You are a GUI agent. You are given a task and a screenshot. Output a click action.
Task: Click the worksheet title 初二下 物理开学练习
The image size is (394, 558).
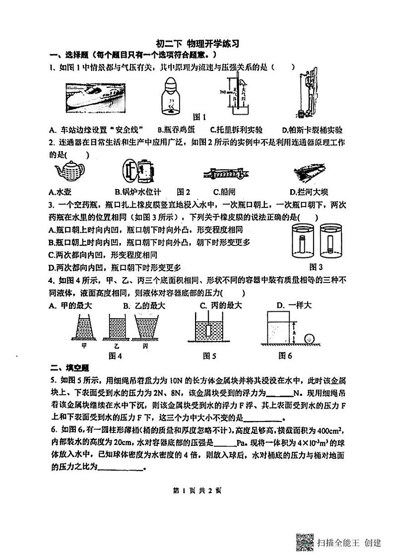coord(197,44)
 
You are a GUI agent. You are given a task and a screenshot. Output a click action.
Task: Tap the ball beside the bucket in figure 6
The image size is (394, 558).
coord(312,339)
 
